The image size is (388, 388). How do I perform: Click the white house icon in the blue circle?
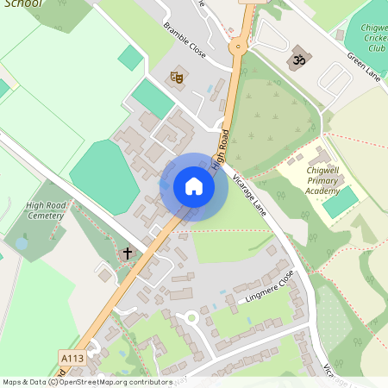[194, 186]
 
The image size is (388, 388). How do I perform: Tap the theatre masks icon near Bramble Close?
[178, 78]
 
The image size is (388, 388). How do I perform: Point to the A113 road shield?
[72, 357]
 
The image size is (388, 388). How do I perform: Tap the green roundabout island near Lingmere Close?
[191, 318]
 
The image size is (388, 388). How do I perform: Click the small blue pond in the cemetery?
[21, 245]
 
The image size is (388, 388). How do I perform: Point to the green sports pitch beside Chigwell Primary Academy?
[340, 202]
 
